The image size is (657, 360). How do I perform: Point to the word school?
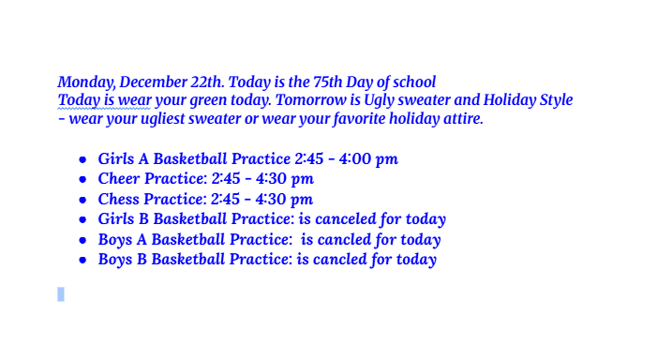click(413, 82)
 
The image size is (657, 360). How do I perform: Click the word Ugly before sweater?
click(398, 100)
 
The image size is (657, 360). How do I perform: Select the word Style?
click(552, 100)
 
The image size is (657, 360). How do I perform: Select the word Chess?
click(119, 199)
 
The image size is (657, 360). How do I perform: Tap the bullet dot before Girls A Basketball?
click(83, 159)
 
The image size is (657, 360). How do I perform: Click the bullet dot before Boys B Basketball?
click(83, 260)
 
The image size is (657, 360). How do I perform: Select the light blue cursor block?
click(61, 294)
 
